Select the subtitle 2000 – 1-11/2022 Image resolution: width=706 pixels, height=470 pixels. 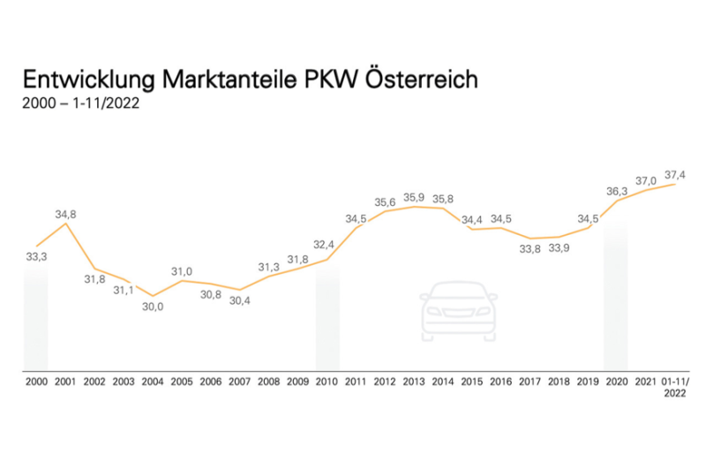tap(81, 104)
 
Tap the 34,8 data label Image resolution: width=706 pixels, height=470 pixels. tap(64, 213)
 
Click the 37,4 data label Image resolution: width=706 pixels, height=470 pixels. tap(676, 173)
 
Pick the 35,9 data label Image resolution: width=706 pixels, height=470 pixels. tap(414, 196)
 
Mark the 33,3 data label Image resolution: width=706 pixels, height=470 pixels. tap(35, 256)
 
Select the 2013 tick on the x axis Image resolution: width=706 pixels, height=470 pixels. tap(413, 383)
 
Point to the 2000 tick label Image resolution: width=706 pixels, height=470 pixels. tap(35, 383)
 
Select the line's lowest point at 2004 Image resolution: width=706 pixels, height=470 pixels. tap(153, 296)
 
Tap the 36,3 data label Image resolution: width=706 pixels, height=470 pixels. tap(616, 190)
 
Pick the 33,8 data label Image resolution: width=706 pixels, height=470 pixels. tap(530, 250)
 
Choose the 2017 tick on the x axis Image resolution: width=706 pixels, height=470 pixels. tap(530, 383)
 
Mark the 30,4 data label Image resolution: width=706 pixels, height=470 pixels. tap(240, 300)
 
